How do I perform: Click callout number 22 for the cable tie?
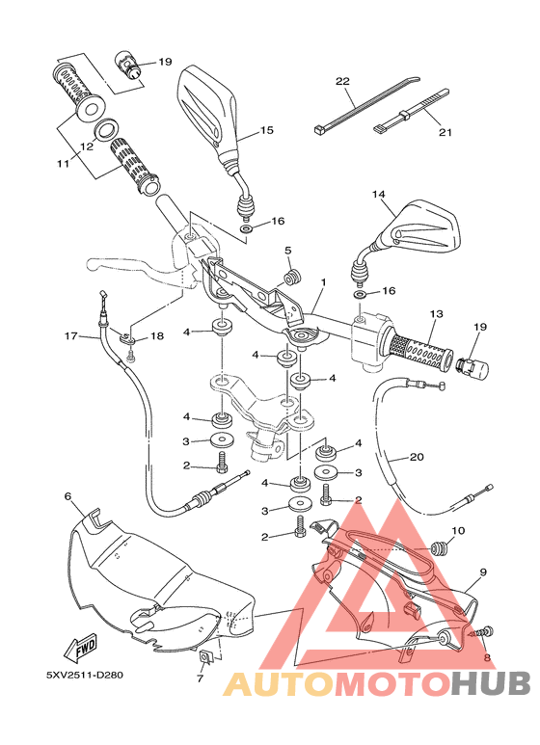(341, 82)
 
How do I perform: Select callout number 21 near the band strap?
(444, 133)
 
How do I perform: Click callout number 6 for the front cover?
(67, 496)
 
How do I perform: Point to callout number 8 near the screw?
(487, 658)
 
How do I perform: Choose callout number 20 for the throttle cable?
(417, 458)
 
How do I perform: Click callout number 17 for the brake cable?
(69, 336)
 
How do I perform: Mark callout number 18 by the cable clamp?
(157, 335)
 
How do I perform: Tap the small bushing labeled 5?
(292, 278)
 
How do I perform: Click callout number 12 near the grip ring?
(86, 147)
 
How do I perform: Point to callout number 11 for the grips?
(63, 164)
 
